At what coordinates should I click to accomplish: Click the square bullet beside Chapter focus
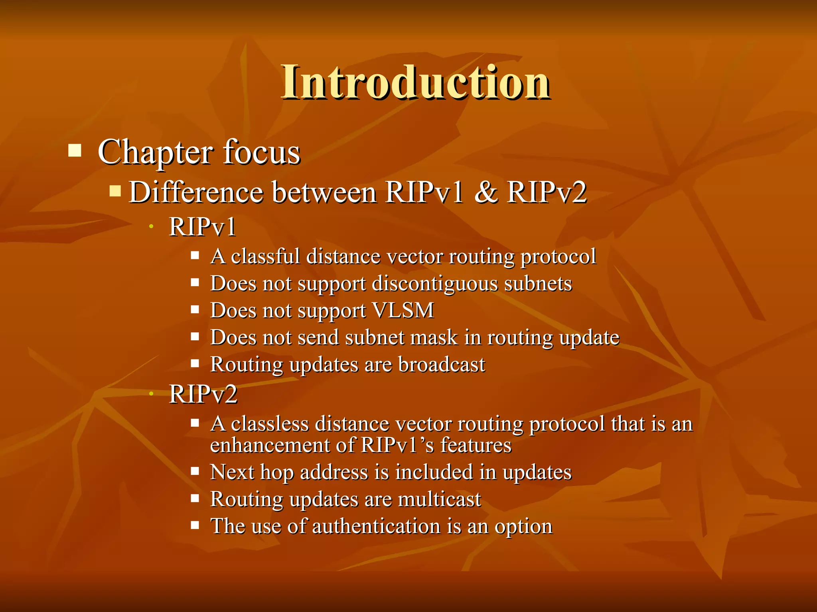pos(75,151)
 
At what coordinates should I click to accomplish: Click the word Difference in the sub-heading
pos(195,192)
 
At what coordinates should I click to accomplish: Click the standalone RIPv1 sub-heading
pos(202,227)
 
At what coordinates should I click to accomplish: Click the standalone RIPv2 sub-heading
pos(203,394)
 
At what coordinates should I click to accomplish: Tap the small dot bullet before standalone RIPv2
pos(151,394)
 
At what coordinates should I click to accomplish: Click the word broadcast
pos(442,365)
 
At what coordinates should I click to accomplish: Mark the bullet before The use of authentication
pos(195,525)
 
